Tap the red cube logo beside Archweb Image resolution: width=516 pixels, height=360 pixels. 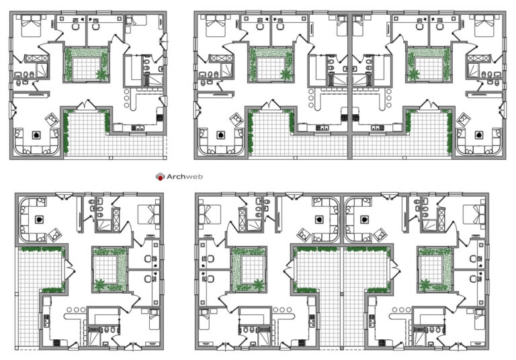160,177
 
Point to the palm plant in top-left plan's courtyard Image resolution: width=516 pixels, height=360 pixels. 102,73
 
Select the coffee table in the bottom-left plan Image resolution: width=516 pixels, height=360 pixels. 39,218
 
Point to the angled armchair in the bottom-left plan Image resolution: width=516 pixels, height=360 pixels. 57,234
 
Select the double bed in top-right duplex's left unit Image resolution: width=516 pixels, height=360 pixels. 214,26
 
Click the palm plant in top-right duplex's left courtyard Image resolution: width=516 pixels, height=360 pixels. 286,73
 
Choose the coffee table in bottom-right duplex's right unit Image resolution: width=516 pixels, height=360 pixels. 363,218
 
